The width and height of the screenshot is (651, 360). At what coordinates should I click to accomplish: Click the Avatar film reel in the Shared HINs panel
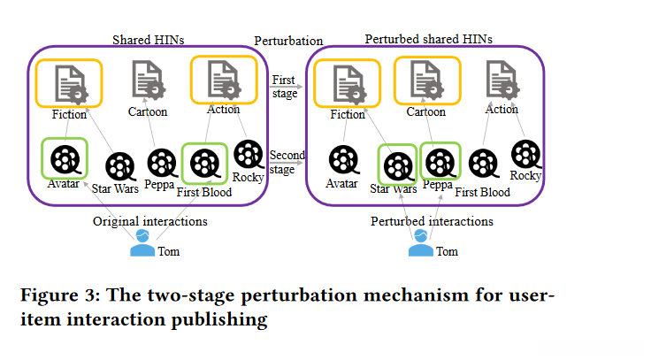click(65, 159)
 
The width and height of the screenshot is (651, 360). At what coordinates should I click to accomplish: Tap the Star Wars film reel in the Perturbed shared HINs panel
click(399, 166)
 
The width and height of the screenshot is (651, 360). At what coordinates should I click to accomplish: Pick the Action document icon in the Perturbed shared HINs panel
click(502, 80)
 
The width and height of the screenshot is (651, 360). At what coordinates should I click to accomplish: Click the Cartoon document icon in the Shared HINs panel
click(149, 80)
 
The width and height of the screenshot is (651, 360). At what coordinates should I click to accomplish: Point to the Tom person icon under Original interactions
click(142, 243)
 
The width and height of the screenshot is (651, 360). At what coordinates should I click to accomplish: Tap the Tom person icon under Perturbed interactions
click(420, 243)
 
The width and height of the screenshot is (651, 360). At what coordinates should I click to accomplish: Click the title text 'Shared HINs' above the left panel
click(149, 40)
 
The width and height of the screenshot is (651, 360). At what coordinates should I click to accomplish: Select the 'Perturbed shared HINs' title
click(428, 39)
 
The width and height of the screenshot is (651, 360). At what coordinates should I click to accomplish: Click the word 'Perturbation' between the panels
click(288, 41)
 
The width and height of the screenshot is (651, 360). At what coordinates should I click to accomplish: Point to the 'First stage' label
click(285, 87)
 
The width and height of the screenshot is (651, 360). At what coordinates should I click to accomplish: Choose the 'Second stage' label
click(287, 162)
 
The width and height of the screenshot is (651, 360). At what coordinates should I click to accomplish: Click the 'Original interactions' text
click(149, 221)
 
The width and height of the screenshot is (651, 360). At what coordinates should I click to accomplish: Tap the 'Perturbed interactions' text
click(432, 221)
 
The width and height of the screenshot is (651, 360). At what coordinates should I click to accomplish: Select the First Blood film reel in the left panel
click(204, 164)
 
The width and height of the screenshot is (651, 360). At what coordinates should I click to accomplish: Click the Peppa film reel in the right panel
click(440, 163)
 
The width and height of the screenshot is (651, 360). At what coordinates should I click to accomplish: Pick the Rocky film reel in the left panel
click(249, 155)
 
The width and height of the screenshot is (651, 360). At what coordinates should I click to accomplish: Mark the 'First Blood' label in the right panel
click(482, 192)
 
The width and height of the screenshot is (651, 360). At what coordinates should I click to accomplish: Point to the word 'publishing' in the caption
click(218, 319)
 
